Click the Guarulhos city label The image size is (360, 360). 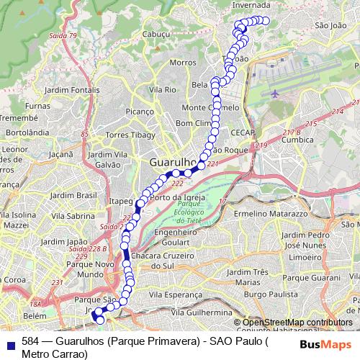(173, 163)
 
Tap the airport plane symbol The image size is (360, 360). (275, 94)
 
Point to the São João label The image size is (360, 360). (331, 25)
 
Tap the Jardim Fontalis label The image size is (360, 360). (72, 90)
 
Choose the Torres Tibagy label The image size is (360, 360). (130, 135)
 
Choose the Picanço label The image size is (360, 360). (140, 112)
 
